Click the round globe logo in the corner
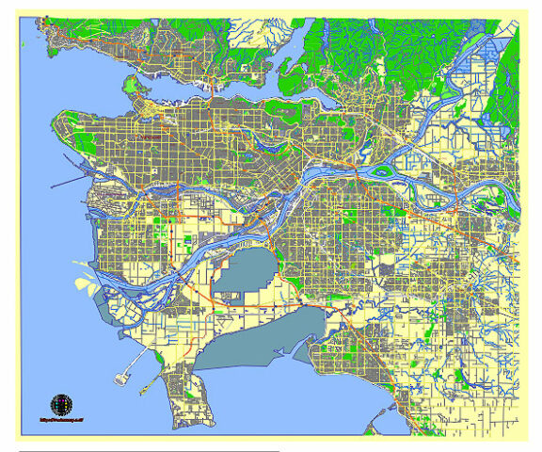click(x=60, y=404)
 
